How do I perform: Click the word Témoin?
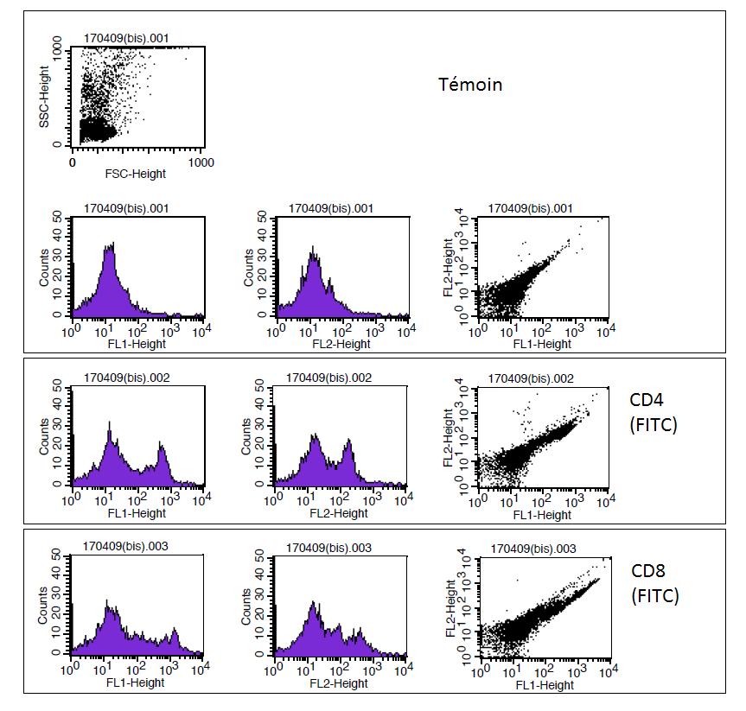click(470, 85)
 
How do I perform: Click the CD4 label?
click(647, 400)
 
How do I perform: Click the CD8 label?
click(648, 571)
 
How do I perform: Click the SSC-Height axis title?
click(45, 98)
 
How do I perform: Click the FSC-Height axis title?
click(137, 175)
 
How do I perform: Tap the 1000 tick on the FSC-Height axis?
click(201, 162)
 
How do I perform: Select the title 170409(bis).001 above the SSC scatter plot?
click(126, 37)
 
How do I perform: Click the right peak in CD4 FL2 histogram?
click(348, 444)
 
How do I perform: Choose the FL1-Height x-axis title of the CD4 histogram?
click(137, 513)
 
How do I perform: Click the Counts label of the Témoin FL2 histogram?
click(249, 268)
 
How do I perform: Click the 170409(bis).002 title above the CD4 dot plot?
click(532, 379)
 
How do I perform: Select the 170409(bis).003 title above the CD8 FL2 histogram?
click(331, 549)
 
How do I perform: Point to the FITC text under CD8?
click(655, 595)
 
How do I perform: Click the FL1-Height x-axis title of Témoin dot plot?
click(542, 344)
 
